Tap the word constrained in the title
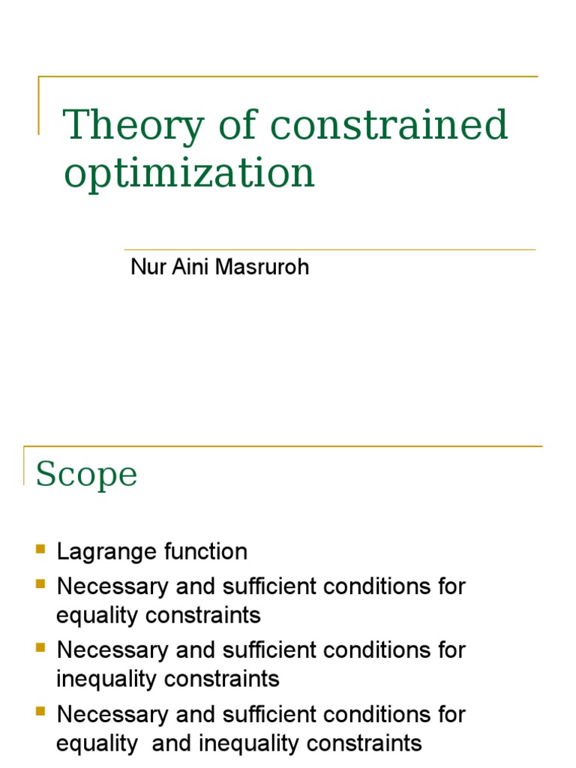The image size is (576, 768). tap(388, 125)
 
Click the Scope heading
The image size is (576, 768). tap(86, 474)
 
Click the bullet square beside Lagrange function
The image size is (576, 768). tap(40, 550)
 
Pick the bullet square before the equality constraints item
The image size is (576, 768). tap(40, 583)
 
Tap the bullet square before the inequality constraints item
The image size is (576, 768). tap(40, 647)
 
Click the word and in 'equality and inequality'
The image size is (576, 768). tap(159, 743)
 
